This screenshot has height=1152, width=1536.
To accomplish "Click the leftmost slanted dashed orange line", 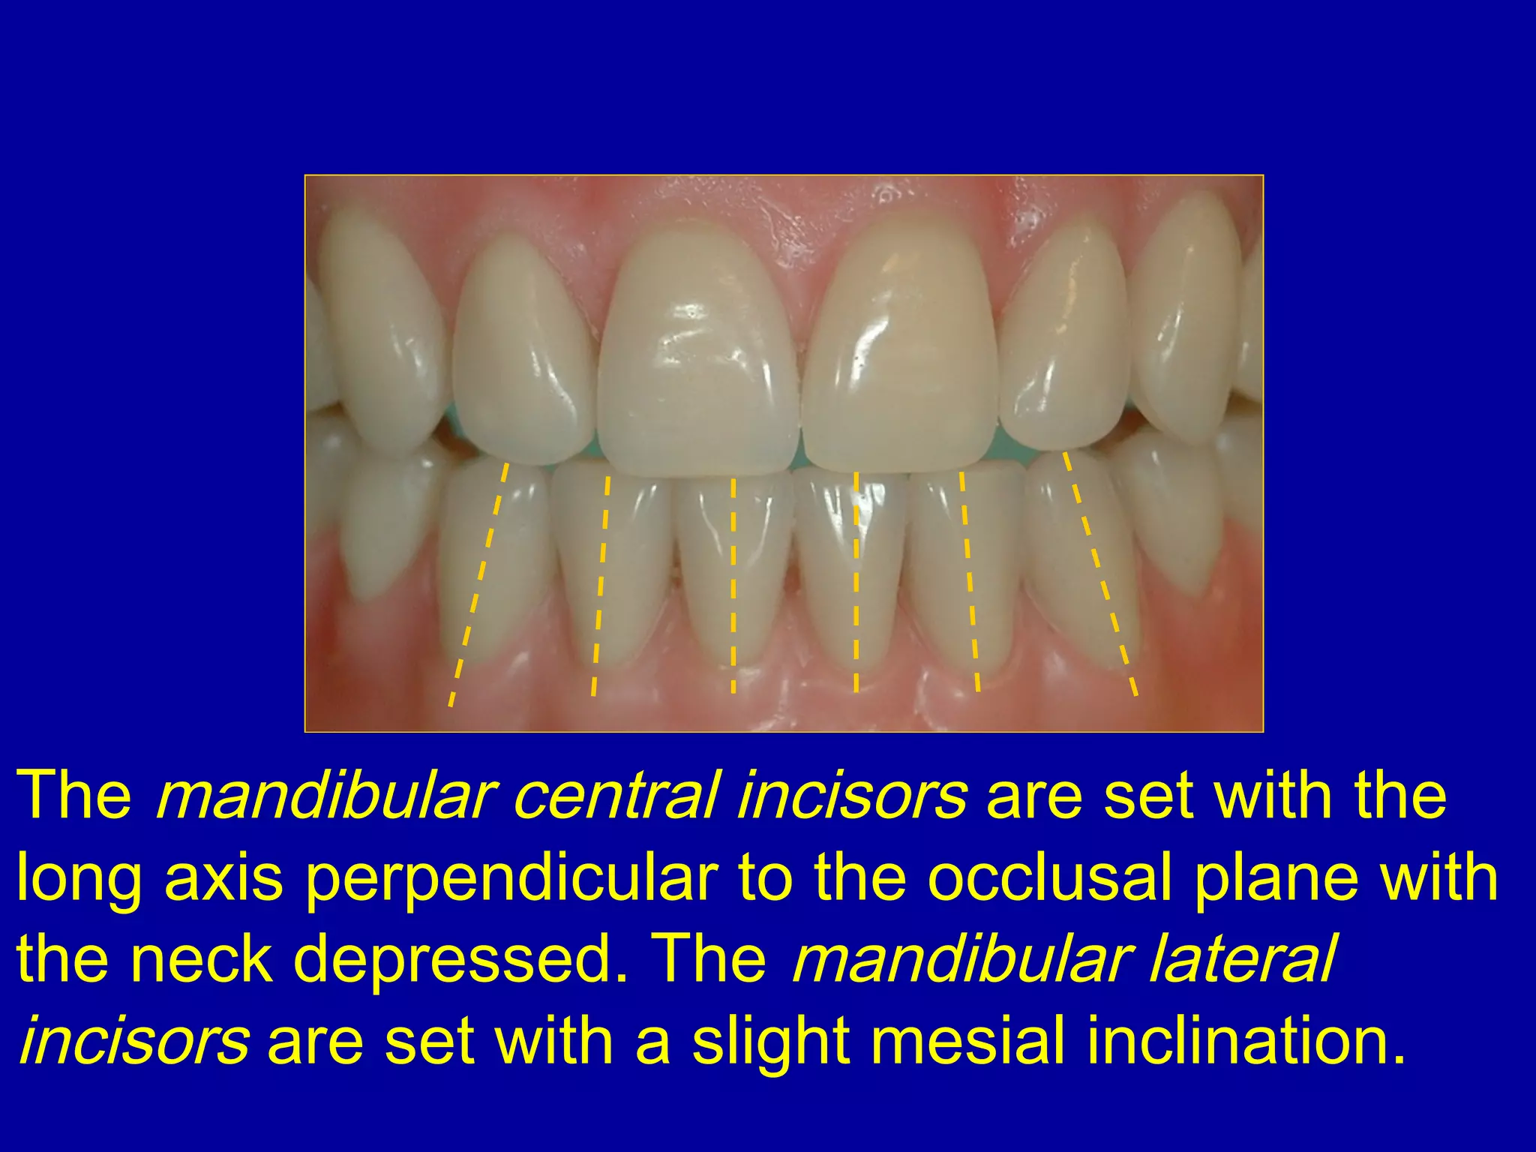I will coord(478,585).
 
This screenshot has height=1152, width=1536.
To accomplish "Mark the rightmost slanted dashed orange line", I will coord(1100,574).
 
